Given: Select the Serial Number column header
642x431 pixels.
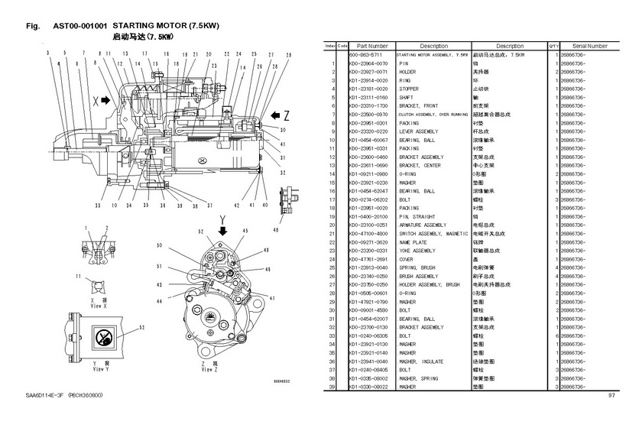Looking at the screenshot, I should [589, 46].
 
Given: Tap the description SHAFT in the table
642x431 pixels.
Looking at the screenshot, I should [409, 97].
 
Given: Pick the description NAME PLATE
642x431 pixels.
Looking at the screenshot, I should [415, 242].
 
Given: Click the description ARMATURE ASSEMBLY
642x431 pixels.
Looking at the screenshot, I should [423, 225].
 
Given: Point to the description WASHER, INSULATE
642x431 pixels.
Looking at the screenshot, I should [421, 361].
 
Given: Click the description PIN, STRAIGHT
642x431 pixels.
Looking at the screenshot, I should [418, 217].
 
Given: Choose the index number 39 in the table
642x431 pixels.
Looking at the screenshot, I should [332, 386].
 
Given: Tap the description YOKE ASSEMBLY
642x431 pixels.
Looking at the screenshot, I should [419, 251].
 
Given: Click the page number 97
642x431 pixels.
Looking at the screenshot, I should [611, 395].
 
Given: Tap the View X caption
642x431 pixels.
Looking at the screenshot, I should [99, 303].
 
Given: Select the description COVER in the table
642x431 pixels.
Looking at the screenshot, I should [407, 259].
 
